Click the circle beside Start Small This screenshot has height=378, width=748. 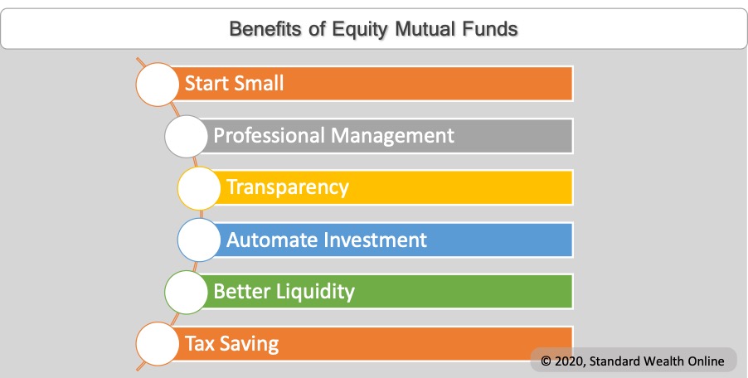click(x=157, y=84)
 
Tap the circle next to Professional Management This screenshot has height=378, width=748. click(x=187, y=136)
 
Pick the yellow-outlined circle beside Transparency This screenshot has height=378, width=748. click(x=199, y=188)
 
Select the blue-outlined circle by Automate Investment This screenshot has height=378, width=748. click(x=199, y=240)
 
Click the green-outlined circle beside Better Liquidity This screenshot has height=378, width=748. click(x=186, y=292)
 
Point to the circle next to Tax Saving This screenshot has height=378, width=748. click(x=157, y=343)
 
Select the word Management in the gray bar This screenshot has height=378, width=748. click(x=393, y=135)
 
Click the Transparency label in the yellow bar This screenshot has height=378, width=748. click(x=288, y=187)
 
